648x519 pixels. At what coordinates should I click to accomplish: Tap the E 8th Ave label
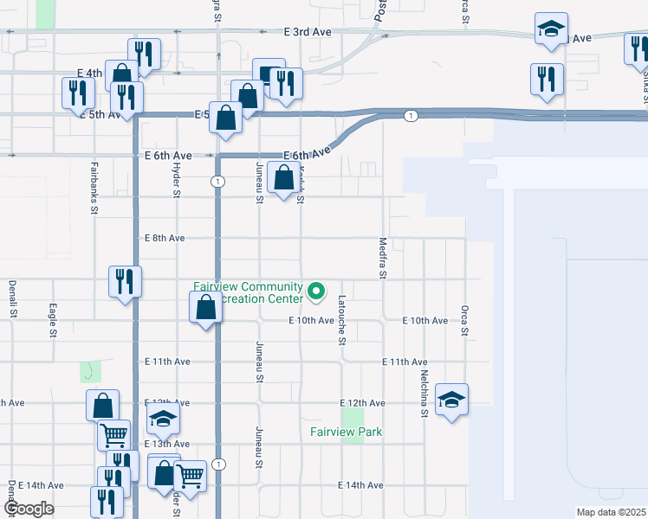click(164, 238)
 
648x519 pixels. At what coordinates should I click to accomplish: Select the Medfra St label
click(382, 259)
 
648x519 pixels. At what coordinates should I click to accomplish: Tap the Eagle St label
click(53, 319)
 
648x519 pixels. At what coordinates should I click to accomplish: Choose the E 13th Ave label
click(165, 444)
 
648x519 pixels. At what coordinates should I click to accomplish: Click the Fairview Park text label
click(347, 432)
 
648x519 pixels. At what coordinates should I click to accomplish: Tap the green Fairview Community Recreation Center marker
click(316, 293)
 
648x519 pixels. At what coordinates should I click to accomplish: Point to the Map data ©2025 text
click(611, 512)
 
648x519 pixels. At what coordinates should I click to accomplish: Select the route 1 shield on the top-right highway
click(411, 115)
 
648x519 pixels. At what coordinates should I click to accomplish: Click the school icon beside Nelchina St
click(451, 400)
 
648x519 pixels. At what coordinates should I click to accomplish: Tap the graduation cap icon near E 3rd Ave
click(551, 29)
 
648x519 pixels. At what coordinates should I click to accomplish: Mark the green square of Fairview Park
click(352, 432)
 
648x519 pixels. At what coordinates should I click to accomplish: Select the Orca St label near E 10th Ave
click(464, 319)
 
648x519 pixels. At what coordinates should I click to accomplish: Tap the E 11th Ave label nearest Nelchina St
click(405, 362)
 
